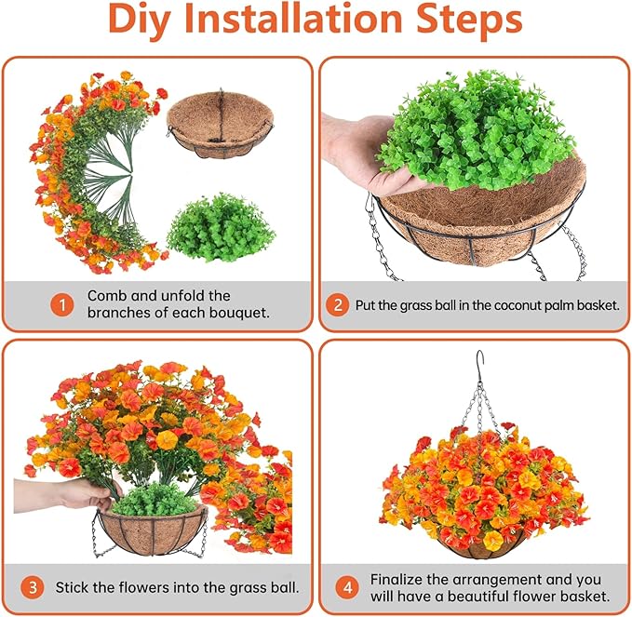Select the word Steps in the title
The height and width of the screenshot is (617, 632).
point(469,20)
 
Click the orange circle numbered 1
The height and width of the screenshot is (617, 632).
point(62,305)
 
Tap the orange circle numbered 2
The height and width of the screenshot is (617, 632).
point(338,305)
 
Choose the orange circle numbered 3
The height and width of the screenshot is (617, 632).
point(33,587)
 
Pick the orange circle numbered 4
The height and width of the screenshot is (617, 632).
point(347,587)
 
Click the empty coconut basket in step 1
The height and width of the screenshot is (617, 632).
point(220,124)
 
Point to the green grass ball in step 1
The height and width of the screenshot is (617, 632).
point(221,228)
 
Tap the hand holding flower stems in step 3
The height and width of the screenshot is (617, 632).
point(69,494)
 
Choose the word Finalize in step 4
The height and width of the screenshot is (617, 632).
point(397,580)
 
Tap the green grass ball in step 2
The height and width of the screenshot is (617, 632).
point(476,129)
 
